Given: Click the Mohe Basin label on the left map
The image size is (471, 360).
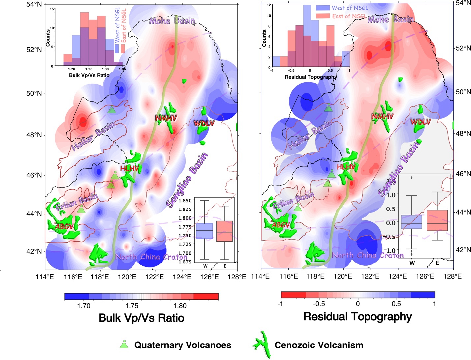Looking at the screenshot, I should coord(172,21).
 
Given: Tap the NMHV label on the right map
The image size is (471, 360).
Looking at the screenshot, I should coord(382,116).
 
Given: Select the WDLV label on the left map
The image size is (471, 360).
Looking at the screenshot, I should coord(204,124).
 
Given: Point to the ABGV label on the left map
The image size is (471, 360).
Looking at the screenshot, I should coord(64,226).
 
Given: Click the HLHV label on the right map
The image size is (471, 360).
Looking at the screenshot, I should coord(346,167).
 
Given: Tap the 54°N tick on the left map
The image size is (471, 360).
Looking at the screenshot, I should coord(34,4).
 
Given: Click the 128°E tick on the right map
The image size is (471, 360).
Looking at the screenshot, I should coord(452,276).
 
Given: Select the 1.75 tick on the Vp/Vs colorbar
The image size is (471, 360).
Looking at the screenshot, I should coord(132,306).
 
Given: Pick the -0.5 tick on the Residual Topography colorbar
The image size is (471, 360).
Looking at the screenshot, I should coord(319,304).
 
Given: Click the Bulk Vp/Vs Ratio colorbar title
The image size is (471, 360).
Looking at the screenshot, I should coord(141,318).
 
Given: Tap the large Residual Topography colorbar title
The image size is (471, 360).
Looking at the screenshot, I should coord(358,317).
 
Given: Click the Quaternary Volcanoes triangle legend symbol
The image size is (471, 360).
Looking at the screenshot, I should coord(124,345).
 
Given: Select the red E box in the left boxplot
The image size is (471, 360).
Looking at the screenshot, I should coord(224,231).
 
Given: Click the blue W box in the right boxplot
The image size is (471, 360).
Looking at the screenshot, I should coord(411,222).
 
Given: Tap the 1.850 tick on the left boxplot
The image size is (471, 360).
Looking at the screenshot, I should coord(185,200).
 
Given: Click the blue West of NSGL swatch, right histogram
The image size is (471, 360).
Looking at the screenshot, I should coord(322,8).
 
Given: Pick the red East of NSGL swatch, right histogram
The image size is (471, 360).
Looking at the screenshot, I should coord(322,16).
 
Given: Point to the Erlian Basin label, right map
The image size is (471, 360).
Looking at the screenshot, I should coord(293,201).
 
